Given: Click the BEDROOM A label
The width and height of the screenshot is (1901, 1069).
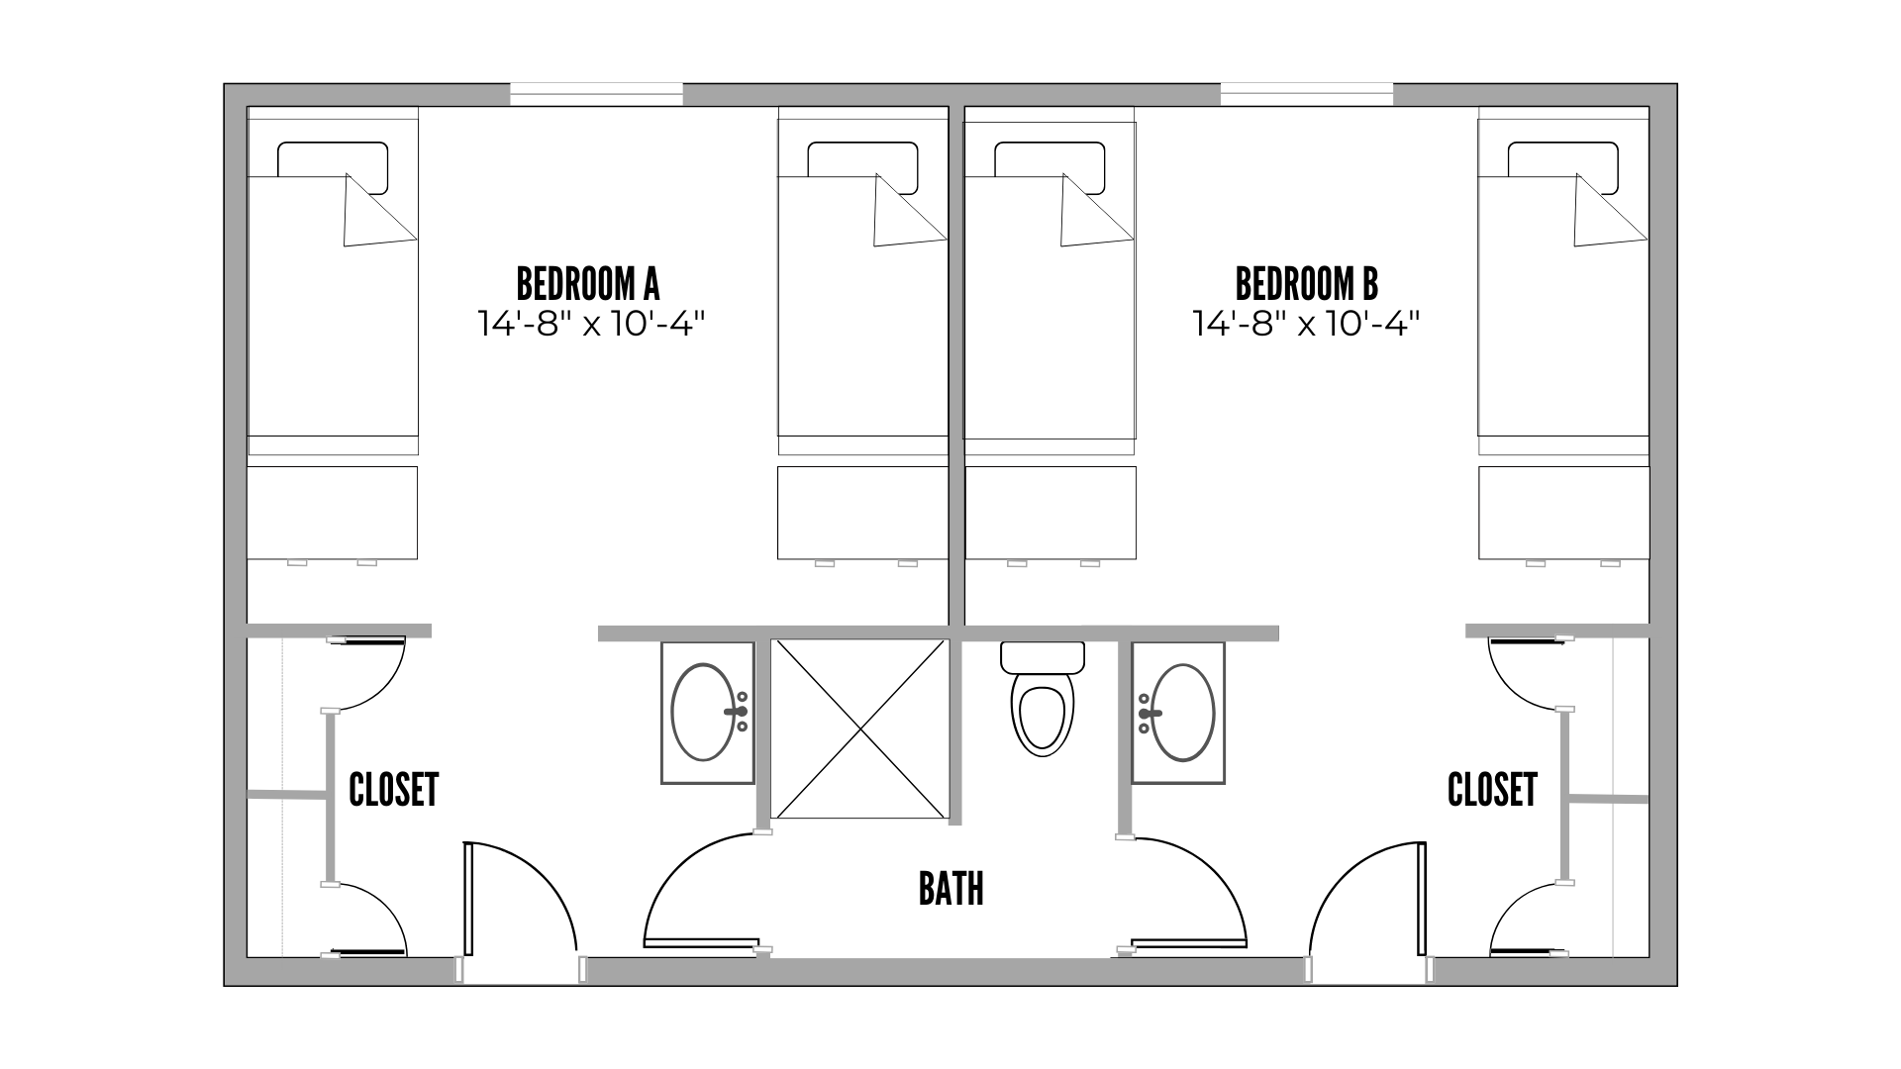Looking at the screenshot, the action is pyautogui.click(x=588, y=284).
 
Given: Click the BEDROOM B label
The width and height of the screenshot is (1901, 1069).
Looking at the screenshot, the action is pyautogui.click(x=1306, y=284).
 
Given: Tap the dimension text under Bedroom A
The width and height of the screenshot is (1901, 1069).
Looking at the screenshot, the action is pyautogui.click(x=595, y=324).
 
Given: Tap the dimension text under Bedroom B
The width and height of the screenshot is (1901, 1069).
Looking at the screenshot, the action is pyautogui.click(x=1306, y=324).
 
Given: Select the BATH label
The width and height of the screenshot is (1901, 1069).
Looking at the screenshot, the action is pyautogui.click(x=950, y=889).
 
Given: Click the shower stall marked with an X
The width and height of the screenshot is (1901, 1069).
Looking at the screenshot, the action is pyautogui.click(x=860, y=729).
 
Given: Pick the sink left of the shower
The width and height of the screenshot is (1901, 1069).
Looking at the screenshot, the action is pyautogui.click(x=708, y=713).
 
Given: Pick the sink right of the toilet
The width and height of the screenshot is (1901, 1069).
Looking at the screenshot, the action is pyautogui.click(x=1179, y=713).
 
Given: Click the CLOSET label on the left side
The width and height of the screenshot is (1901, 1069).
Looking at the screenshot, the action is pyautogui.click(x=393, y=790).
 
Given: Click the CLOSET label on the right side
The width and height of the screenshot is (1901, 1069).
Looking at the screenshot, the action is pyautogui.click(x=1492, y=790).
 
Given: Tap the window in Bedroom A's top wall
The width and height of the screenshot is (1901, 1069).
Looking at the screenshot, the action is pyautogui.click(x=596, y=95).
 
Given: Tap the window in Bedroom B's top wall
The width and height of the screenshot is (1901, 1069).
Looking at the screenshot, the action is pyautogui.click(x=1307, y=95).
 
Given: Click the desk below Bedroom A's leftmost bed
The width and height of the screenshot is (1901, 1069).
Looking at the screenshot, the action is pyautogui.click(x=332, y=513).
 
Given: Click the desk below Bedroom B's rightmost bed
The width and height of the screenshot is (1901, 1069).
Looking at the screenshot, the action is pyautogui.click(x=1564, y=513).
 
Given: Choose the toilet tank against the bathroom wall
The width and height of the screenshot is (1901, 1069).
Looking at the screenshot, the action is pyautogui.click(x=1043, y=656).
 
